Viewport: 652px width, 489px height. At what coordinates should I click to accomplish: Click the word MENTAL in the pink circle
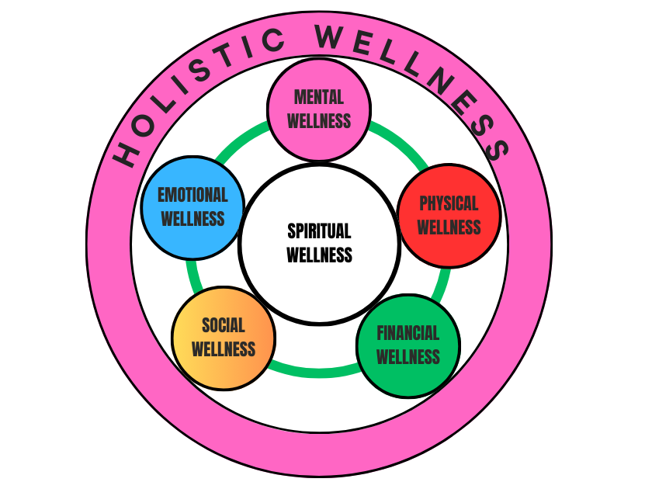pyautogui.click(x=319, y=97)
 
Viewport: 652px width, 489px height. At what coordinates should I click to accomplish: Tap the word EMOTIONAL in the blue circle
pyautogui.click(x=192, y=195)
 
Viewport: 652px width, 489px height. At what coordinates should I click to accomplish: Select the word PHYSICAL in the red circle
pyautogui.click(x=449, y=203)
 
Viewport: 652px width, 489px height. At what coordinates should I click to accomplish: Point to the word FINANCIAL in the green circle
pyautogui.click(x=408, y=333)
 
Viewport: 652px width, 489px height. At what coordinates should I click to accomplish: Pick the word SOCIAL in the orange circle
pyautogui.click(x=223, y=325)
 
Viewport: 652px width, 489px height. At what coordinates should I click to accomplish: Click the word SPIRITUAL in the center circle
pyautogui.click(x=319, y=231)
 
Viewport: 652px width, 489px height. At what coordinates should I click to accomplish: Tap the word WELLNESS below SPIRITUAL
pyautogui.click(x=319, y=255)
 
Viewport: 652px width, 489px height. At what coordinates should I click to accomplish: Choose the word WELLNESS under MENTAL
pyautogui.click(x=319, y=121)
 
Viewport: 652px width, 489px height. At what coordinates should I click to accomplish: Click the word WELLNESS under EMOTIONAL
pyautogui.click(x=192, y=219)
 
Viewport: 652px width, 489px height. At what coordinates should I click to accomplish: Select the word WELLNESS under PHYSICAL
pyautogui.click(x=449, y=227)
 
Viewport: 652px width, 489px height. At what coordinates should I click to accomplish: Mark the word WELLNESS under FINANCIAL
pyautogui.click(x=408, y=357)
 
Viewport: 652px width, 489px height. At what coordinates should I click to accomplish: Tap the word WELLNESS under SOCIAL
pyautogui.click(x=223, y=349)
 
